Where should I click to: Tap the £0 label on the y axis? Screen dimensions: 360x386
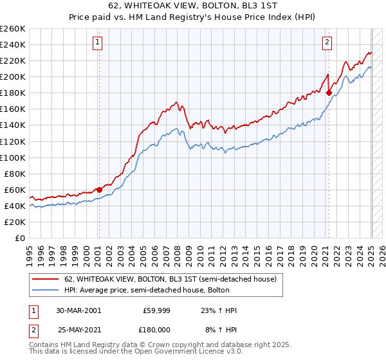click(21, 238)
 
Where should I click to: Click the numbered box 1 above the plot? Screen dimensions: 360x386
click(97, 43)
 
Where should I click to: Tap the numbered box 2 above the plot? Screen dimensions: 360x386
click(327, 43)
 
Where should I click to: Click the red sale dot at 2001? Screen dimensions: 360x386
click(99, 190)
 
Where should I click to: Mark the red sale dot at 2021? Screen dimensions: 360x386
click(329, 93)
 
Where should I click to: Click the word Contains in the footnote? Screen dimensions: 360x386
click(44, 345)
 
